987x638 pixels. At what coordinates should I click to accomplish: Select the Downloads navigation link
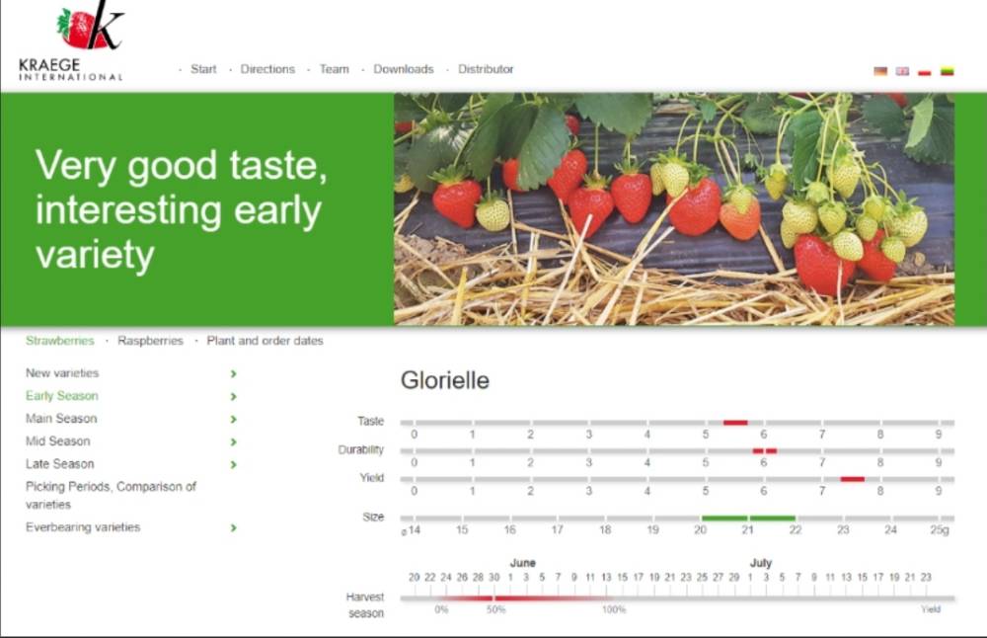(x=404, y=69)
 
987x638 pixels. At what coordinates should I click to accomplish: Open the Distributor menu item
(x=486, y=69)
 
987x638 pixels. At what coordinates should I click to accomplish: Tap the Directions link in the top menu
(x=267, y=69)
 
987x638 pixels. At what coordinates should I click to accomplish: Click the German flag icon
(x=880, y=71)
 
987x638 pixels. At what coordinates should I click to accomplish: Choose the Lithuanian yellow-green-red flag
(x=947, y=71)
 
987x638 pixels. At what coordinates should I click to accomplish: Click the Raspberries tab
(x=150, y=341)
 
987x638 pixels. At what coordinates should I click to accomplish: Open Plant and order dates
(x=265, y=341)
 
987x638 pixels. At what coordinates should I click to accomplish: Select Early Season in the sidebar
(x=61, y=396)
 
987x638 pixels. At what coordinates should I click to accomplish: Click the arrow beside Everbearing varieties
(x=234, y=527)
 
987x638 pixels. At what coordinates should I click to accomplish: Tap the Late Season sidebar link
(x=60, y=464)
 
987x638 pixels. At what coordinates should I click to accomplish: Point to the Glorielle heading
(x=445, y=380)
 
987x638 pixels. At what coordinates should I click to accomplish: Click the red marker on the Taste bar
(x=735, y=423)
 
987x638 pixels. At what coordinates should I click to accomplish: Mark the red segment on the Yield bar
(x=853, y=479)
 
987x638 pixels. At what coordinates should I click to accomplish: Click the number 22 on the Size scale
(x=796, y=530)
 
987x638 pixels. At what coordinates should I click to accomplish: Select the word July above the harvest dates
(x=761, y=563)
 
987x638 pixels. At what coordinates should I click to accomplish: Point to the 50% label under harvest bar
(x=496, y=609)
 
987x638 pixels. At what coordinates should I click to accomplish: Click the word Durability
(x=360, y=449)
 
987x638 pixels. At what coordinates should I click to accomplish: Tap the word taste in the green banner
(x=277, y=165)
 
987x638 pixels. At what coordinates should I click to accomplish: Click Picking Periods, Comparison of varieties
(x=111, y=495)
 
